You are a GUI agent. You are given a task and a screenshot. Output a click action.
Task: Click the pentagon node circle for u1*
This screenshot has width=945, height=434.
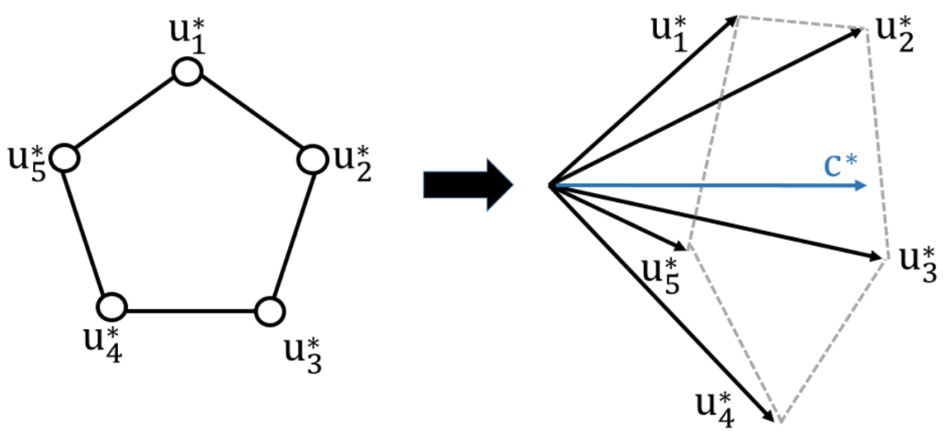(x=186, y=73)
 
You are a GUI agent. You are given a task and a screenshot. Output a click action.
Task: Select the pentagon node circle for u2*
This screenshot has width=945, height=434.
(x=312, y=159)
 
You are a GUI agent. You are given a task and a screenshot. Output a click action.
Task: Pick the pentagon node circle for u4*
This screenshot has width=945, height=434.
(x=112, y=307)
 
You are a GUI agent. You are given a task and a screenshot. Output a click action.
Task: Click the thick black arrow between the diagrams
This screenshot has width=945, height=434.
(x=467, y=185)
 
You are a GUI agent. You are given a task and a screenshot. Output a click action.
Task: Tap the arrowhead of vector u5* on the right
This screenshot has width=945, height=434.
(x=681, y=245)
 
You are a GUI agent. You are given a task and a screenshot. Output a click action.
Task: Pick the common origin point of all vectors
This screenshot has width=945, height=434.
(x=549, y=185)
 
